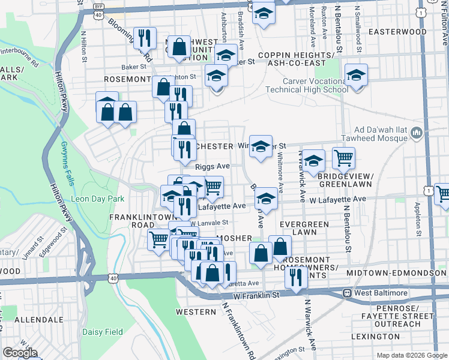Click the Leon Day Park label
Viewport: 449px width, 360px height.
97,199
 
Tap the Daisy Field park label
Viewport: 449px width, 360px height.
103,332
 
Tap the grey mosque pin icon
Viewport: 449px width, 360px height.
418,133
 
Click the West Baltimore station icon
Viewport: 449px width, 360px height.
346,293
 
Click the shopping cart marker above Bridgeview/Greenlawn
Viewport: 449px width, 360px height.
343,158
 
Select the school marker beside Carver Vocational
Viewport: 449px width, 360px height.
356,76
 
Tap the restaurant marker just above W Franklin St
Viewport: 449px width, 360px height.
296,277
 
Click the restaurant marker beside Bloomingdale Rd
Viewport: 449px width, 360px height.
144,39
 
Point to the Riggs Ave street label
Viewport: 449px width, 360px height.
212,166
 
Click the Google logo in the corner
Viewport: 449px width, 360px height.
20,353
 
